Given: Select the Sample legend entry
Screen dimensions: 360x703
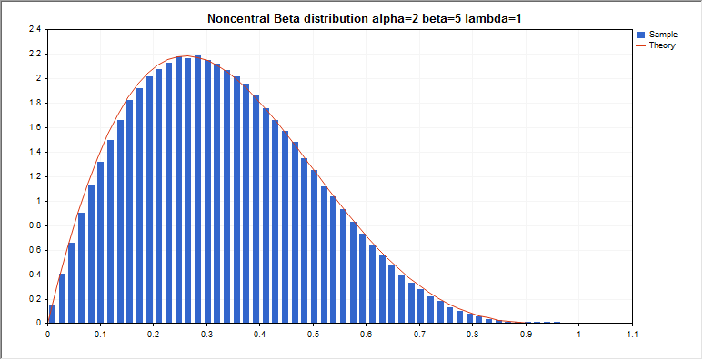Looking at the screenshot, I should [664, 34].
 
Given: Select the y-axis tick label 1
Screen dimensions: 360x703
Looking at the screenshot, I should [39, 201].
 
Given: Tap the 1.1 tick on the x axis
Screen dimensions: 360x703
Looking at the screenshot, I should [631, 335].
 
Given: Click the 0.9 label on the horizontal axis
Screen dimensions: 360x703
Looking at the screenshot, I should [525, 335].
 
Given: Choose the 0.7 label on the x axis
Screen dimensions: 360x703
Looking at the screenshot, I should [418, 335].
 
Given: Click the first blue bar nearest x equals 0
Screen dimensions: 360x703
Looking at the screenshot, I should [52, 314].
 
